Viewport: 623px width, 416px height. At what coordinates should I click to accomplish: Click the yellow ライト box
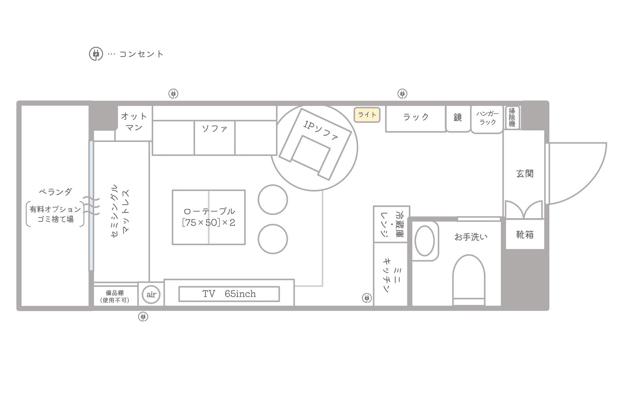pos(367,115)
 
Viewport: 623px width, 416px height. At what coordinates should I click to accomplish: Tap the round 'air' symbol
pos(151,294)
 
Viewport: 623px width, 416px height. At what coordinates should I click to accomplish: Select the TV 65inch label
pos(229,294)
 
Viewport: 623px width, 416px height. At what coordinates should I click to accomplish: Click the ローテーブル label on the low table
pos(209,211)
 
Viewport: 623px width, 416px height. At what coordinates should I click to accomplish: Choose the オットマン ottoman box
pos(134,122)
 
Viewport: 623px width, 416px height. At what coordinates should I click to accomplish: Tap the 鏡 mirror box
pos(458,118)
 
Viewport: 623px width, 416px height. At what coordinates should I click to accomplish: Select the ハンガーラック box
pos(487,119)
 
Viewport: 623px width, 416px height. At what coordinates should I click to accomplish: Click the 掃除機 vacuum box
pos(512,117)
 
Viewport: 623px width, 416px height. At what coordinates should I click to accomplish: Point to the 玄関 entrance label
pos(524,174)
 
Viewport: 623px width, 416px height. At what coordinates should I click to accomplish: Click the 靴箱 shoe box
pos(525,235)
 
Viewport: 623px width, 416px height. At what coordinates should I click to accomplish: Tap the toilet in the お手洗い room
pos(469,279)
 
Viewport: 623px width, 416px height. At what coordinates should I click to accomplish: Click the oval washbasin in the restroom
pos(425,241)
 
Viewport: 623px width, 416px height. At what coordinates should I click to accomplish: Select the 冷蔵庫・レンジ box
pos(392,225)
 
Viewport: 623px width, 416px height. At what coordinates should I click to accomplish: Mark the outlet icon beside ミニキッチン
pos(367,298)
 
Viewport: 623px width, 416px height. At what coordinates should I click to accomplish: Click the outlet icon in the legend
pos(96,54)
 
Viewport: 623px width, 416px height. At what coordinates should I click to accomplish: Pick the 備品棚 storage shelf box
pos(115,296)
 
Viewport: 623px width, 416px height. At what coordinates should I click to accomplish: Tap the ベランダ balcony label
pos(55,191)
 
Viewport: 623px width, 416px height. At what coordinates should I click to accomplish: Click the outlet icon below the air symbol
pos(143,317)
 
